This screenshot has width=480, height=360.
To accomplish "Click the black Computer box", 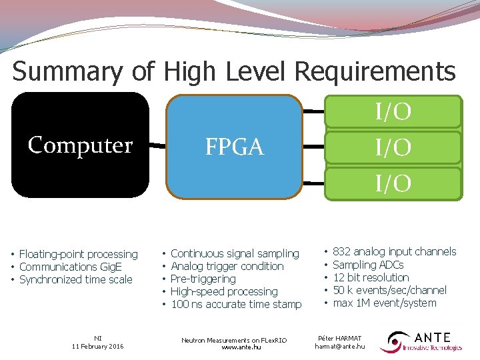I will [80, 145].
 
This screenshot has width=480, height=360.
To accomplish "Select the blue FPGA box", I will [234, 147].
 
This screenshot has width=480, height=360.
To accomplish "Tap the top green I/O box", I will [393, 112].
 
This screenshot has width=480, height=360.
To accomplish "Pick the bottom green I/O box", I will [393, 183].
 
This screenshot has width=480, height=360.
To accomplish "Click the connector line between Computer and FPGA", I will [157, 145].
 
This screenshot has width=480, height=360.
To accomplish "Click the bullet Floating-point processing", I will [78, 254].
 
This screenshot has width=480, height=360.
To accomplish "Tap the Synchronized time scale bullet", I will [75, 279].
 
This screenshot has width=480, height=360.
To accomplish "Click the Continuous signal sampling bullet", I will [235, 253].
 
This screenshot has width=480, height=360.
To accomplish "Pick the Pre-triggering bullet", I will [203, 279].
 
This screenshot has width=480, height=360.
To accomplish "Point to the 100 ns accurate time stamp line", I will [236, 304].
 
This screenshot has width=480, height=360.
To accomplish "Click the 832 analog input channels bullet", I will [394, 251].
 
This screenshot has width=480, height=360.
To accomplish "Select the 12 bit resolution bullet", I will [371, 277].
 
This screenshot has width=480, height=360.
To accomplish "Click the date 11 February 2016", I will [98, 347].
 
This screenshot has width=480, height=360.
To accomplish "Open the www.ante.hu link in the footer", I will [234, 347].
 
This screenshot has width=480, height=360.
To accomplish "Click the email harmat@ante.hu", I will [339, 347].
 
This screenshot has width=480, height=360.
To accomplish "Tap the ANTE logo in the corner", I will [421, 341].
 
